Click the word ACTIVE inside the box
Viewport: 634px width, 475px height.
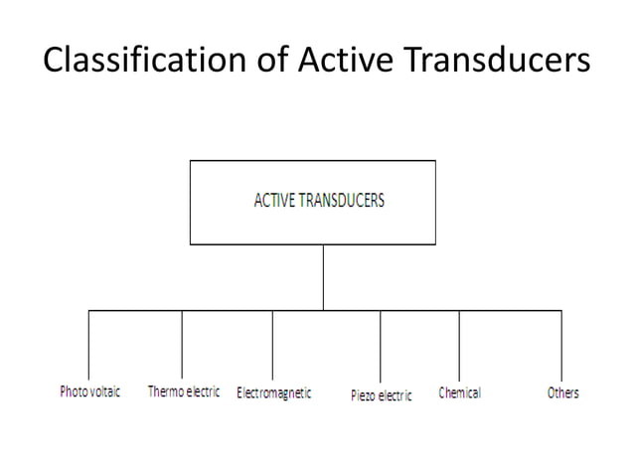click(x=275, y=200)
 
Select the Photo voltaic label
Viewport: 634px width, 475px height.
click(x=89, y=393)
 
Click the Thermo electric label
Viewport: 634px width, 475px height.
click(x=184, y=393)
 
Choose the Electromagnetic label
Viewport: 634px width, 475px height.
click(x=273, y=394)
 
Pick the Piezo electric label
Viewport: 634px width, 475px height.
click(x=381, y=396)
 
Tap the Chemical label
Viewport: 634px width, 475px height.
click(x=459, y=393)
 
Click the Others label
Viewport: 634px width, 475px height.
click(x=562, y=393)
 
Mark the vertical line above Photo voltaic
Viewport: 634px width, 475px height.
click(x=89, y=343)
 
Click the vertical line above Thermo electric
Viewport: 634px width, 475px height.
click(x=182, y=343)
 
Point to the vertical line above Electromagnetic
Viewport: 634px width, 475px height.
click(x=273, y=343)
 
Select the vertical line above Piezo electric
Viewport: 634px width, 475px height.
click(x=380, y=346)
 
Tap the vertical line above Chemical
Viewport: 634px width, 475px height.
click(x=459, y=343)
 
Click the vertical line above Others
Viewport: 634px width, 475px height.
click(x=561, y=343)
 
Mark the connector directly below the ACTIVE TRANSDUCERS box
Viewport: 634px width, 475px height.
click(x=323, y=277)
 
